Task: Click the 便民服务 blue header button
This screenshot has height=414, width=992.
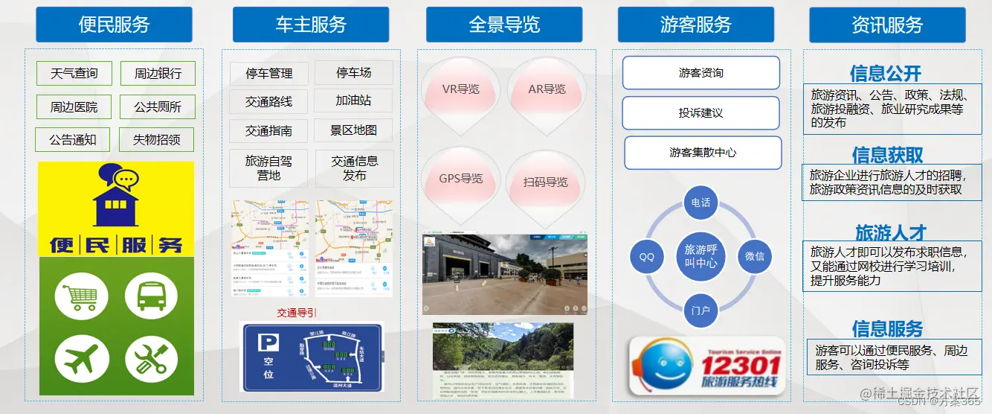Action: [114, 25]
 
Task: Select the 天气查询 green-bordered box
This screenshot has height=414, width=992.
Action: [74, 74]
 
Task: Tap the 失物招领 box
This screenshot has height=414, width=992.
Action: [156, 139]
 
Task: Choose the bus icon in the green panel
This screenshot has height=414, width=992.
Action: [151, 295]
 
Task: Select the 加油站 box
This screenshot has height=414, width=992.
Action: [353, 100]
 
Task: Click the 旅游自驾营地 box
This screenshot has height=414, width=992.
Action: [268, 168]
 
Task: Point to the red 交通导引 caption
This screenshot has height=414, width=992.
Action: [297, 313]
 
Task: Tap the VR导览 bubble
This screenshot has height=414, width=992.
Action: [460, 89]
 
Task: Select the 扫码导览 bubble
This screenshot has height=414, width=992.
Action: [545, 182]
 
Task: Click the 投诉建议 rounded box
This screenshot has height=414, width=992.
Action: [700, 113]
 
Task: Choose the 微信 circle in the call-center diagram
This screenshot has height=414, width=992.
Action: [754, 255]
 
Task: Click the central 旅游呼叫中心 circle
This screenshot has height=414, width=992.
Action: [700, 255]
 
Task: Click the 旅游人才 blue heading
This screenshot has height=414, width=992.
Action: [890, 232]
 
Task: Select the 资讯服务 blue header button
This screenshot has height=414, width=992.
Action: [887, 25]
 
